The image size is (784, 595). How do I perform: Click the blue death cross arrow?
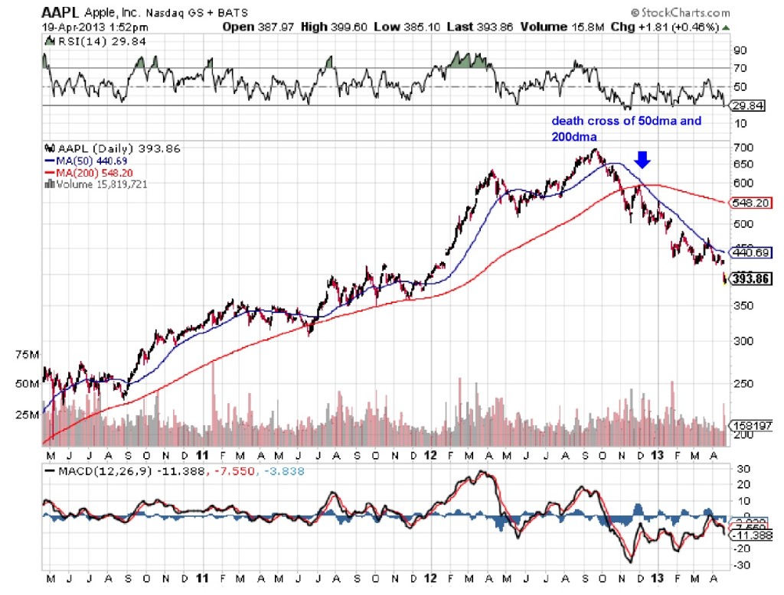click(643, 158)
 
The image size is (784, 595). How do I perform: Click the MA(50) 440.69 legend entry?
click(82, 162)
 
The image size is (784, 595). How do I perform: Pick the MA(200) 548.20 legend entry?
click(84, 173)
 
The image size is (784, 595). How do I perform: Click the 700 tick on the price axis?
click(740, 147)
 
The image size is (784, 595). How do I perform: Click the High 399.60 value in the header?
click(321, 27)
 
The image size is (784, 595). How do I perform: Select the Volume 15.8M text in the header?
click(554, 27)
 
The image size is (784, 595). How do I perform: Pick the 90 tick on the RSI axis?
click(739, 50)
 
